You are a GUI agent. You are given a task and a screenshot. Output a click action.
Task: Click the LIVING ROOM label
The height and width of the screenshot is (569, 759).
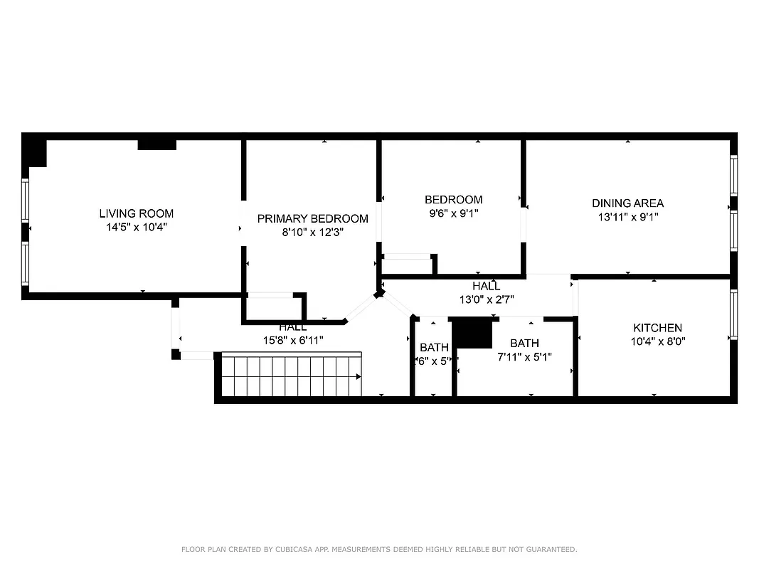pyautogui.click(x=136, y=213)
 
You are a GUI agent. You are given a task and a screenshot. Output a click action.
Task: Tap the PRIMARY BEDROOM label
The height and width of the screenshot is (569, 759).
pyautogui.click(x=312, y=218)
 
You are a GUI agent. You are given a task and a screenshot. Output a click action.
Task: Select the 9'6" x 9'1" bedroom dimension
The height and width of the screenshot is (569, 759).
pyautogui.click(x=453, y=213)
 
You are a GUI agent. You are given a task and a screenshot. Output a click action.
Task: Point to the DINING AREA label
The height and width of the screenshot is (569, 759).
pyautogui.click(x=627, y=203)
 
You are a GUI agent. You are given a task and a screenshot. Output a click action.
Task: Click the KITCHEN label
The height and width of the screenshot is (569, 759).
pyautogui.click(x=657, y=328)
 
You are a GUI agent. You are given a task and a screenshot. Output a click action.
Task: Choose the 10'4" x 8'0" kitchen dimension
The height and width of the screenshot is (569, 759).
pyautogui.click(x=657, y=341)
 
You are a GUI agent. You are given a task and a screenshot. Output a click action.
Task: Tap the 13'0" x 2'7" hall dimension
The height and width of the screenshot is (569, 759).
pyautogui.click(x=486, y=299)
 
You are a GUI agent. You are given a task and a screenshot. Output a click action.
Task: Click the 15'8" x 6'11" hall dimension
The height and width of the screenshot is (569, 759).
pyautogui.click(x=293, y=340)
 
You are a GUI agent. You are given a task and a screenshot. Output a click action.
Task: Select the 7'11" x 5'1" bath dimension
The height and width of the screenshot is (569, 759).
pyautogui.click(x=524, y=356)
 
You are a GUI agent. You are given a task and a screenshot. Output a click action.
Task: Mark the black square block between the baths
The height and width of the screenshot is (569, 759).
pyautogui.click(x=472, y=333)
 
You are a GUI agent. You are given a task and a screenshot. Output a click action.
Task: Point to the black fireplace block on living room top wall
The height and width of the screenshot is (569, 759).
pyautogui.click(x=156, y=144)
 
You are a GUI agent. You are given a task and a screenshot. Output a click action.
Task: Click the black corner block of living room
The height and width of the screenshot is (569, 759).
pyautogui.click(x=34, y=152)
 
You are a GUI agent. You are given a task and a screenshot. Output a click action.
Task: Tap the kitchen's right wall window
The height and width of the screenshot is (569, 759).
pyautogui.click(x=733, y=314)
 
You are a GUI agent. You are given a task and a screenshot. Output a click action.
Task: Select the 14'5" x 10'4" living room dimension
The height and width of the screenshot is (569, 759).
pyautogui.click(x=136, y=227)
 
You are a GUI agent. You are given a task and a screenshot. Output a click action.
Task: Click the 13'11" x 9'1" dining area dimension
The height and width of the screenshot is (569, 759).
pyautogui.click(x=627, y=217)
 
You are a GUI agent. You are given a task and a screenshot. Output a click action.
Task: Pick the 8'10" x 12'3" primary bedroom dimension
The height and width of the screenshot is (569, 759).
pyautogui.click(x=312, y=232)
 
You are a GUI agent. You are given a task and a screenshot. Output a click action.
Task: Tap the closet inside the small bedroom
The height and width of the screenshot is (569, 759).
pyautogui.click(x=408, y=264)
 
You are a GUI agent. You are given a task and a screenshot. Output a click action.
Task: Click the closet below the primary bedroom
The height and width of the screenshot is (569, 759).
pyautogui.click(x=273, y=307)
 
